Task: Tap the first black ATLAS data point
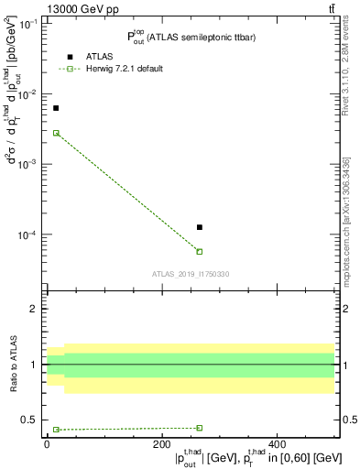pos(56,108)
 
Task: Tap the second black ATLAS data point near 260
pos(200,227)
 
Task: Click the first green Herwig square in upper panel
pos(56,133)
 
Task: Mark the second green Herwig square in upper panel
pos(200,252)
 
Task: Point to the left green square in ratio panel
pos(56,430)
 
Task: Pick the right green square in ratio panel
pos(200,428)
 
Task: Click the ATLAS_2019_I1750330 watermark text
pos(191,274)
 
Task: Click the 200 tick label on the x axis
pos(161,444)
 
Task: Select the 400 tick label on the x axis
pos(276,444)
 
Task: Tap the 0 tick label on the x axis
pos(47,444)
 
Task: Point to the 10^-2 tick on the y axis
pos(30,94)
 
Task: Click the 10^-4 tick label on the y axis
pos(30,235)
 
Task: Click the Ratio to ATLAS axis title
pos(14,365)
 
